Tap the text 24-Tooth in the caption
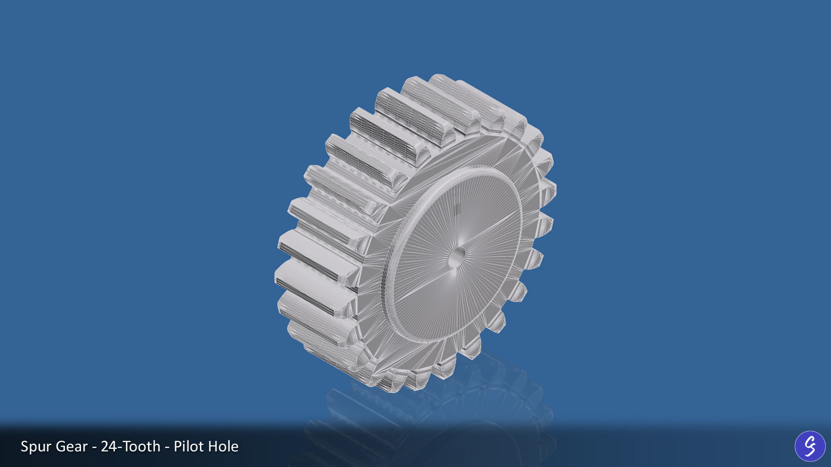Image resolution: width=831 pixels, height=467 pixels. point(130,446)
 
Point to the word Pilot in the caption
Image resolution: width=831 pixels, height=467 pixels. point(187,446)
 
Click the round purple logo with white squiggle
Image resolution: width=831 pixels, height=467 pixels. point(810,446)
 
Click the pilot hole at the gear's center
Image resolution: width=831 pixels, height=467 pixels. point(457,256)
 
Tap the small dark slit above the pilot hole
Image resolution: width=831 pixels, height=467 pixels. point(457,209)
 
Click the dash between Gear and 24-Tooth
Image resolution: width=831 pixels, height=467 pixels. point(94,447)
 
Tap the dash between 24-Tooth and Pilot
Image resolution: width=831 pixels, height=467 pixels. point(167,447)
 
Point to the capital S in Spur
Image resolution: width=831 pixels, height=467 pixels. point(25,446)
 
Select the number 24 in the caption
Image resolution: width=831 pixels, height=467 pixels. point(108,446)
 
